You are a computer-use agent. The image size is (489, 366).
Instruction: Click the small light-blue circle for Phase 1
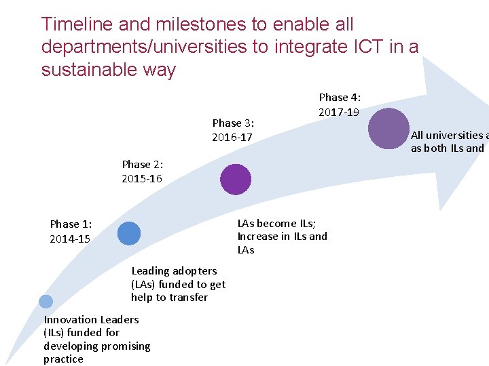(46, 302)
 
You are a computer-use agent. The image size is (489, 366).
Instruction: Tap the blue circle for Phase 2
(128, 233)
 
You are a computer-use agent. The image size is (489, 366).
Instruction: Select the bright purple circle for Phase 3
(236, 180)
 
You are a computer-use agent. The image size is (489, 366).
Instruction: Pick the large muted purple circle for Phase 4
(388, 128)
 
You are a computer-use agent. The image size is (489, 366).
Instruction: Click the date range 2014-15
(70, 239)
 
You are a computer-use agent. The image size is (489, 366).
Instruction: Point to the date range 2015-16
(142, 179)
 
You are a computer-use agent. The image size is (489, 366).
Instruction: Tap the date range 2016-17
(232, 138)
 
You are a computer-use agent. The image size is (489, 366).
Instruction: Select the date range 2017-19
(339, 112)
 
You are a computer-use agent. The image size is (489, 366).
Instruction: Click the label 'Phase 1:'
(71, 224)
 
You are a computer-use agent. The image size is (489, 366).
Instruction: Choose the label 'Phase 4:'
(340, 97)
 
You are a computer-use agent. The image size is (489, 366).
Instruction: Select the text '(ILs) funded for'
(81, 332)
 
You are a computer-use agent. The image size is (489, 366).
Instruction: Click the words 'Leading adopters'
(174, 270)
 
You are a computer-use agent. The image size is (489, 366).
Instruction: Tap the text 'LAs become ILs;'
(276, 223)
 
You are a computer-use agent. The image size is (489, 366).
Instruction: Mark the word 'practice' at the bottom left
(63, 359)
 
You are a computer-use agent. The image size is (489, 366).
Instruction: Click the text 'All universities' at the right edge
(448, 135)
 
